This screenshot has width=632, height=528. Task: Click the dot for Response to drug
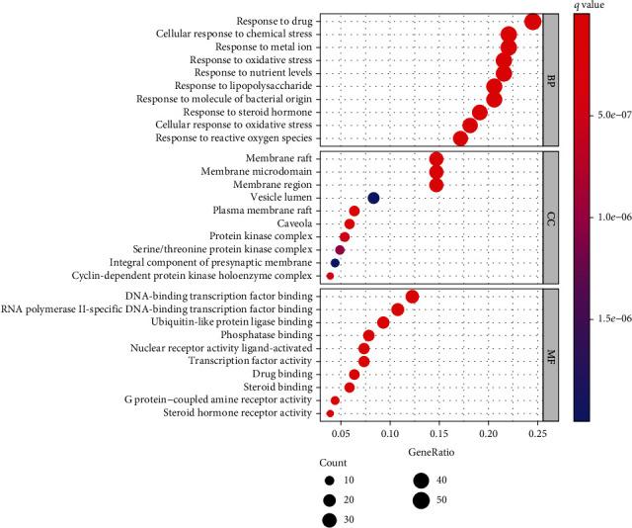click(x=533, y=22)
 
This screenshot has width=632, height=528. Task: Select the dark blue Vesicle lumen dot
click(x=373, y=198)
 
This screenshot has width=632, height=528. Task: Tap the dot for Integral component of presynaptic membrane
click(x=335, y=263)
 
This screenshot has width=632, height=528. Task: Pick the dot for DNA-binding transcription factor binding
click(x=412, y=297)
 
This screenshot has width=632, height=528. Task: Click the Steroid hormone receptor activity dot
click(x=330, y=413)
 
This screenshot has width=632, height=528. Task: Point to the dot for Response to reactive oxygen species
click(x=460, y=138)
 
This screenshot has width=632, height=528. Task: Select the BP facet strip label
click(x=551, y=79)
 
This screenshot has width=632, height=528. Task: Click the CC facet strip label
click(x=551, y=217)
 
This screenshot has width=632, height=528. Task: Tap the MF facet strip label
click(x=551, y=354)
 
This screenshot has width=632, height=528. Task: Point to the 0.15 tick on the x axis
click(x=437, y=433)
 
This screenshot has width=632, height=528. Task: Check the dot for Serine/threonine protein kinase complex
click(x=340, y=250)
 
